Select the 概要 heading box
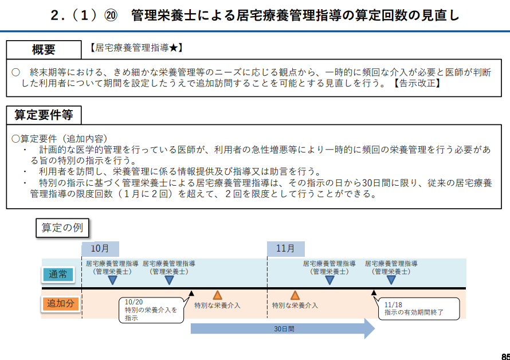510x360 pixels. coord(44,49)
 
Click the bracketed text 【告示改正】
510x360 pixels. coord(418,84)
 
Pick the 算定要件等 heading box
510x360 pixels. coord(44,115)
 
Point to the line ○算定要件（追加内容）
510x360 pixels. coord(59,139)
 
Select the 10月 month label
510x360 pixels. coord(100,249)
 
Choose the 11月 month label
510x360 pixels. coord(285,249)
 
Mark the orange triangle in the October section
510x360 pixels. coord(217,295)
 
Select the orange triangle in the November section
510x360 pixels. coord(295,295)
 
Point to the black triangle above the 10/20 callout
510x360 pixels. coord(191,293)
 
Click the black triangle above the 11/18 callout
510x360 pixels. coord(374,293)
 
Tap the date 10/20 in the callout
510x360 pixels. coord(133,302)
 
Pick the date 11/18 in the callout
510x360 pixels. coord(394,305)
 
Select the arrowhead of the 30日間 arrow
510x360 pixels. coord(368,329)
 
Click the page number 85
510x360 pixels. coord(505,355)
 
